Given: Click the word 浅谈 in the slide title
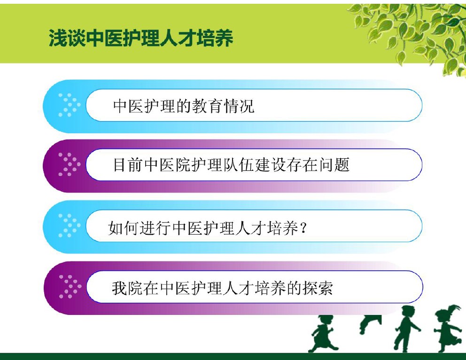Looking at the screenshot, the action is pyautogui.click(x=67, y=38).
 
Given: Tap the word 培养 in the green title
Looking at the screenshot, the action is pyautogui.click(x=215, y=38).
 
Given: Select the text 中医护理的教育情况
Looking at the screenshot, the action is pyautogui.click(x=184, y=106).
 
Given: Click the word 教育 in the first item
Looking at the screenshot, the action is pyautogui.click(x=207, y=106).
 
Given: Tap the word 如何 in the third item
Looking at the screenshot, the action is pyautogui.click(x=124, y=228).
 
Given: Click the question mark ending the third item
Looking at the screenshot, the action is pyautogui.click(x=303, y=229).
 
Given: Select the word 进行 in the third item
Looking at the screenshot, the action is pyautogui.click(x=155, y=228).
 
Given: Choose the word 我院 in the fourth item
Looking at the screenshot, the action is pyautogui.click(x=127, y=288).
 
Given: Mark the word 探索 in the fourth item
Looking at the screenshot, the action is pyautogui.click(x=318, y=288).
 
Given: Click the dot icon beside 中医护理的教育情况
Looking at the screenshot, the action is pyautogui.click(x=69, y=105).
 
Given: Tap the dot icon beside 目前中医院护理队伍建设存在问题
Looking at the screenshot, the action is pyautogui.click(x=69, y=165).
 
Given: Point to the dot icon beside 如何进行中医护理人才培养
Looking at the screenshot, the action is pyautogui.click(x=69, y=226).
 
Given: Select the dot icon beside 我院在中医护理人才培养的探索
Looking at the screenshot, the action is pyautogui.click(x=70, y=287).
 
